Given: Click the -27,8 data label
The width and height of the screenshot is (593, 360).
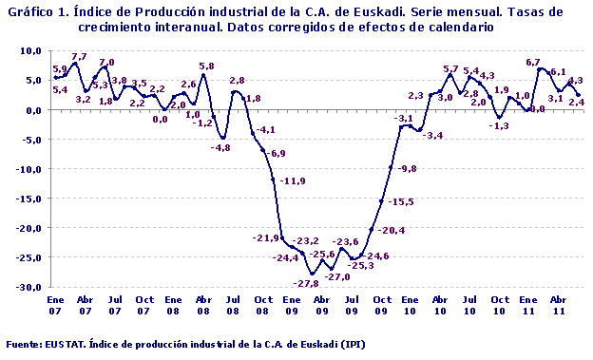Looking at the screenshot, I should (306, 284).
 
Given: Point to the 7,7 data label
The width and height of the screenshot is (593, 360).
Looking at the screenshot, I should (79, 57).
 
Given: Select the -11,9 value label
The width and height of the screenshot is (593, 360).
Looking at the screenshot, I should (293, 180).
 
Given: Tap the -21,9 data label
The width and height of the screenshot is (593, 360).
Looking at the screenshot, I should (265, 237).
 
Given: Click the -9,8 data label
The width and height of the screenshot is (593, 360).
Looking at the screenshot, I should (409, 168).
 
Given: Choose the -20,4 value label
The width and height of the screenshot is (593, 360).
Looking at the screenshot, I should (390, 231).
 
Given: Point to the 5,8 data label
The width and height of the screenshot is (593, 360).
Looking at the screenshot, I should (206, 66).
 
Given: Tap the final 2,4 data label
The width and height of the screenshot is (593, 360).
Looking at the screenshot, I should (576, 102).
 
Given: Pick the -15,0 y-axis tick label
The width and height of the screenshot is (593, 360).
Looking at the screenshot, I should (28, 199).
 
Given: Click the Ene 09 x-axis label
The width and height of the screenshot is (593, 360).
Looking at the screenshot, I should (291, 304).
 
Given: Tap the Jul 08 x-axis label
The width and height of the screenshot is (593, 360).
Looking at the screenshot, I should (232, 304).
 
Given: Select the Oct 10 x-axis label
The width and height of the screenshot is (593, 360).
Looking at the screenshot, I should (498, 304).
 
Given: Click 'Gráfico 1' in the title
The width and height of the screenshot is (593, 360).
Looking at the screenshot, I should (33, 10).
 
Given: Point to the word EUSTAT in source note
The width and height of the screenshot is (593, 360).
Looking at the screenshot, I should (67, 344).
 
